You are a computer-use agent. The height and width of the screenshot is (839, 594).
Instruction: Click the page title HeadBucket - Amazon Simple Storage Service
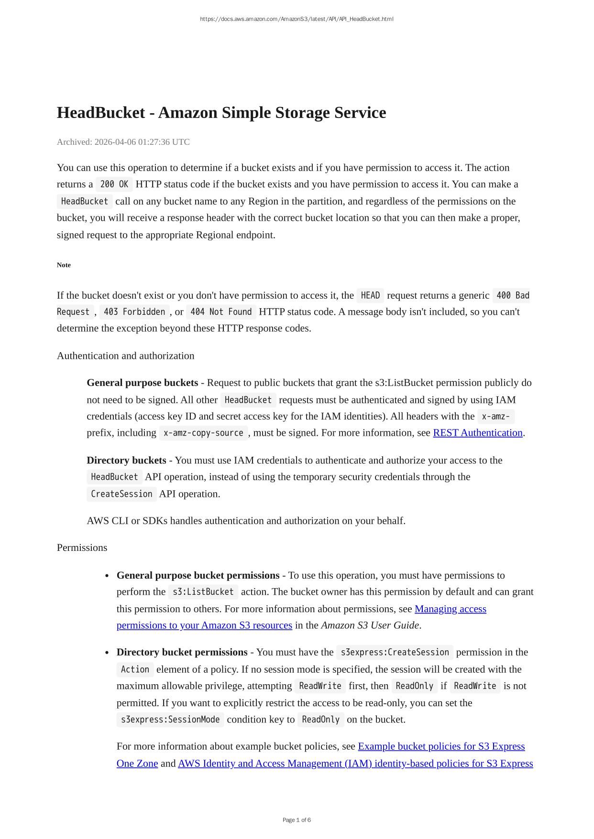pyautogui.click(x=221, y=113)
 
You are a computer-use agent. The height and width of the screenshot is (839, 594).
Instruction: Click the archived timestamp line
pyautogui.click(x=123, y=142)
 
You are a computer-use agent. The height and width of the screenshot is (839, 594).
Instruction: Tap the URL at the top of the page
pyautogui.click(x=297, y=19)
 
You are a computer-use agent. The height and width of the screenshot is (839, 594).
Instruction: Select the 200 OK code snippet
pyautogui.click(x=114, y=184)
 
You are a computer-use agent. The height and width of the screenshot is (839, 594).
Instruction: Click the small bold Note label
pyautogui.click(x=64, y=265)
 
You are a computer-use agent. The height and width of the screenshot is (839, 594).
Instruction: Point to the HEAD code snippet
pyautogui.click(x=370, y=295)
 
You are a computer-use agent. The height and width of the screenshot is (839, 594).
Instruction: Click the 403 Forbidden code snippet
pyautogui.click(x=134, y=312)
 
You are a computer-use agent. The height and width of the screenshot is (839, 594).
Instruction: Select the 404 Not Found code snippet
pyautogui.click(x=221, y=312)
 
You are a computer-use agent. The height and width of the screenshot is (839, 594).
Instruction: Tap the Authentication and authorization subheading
pyautogui.click(x=125, y=356)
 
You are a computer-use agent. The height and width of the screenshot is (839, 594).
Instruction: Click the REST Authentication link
pyautogui.click(x=477, y=433)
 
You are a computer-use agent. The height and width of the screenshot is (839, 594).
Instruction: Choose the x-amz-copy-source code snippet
pyautogui.click(x=203, y=433)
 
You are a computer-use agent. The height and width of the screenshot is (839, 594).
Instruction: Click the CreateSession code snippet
pyautogui.click(x=121, y=494)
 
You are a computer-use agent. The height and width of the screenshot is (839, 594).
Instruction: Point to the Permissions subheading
pyautogui.click(x=82, y=548)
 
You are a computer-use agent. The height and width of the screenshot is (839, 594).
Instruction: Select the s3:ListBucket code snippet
pyautogui.click(x=203, y=592)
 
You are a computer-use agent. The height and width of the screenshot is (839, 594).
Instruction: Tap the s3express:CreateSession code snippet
pyautogui.click(x=395, y=652)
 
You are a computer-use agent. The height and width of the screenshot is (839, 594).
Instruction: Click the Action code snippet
pyautogui.click(x=135, y=669)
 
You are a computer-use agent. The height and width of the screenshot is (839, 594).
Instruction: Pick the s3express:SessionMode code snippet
pyautogui.click(x=170, y=720)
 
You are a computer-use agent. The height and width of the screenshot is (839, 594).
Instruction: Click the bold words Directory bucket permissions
pyautogui.click(x=182, y=652)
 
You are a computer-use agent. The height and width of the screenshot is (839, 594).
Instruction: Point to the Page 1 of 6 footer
pyautogui.click(x=297, y=820)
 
